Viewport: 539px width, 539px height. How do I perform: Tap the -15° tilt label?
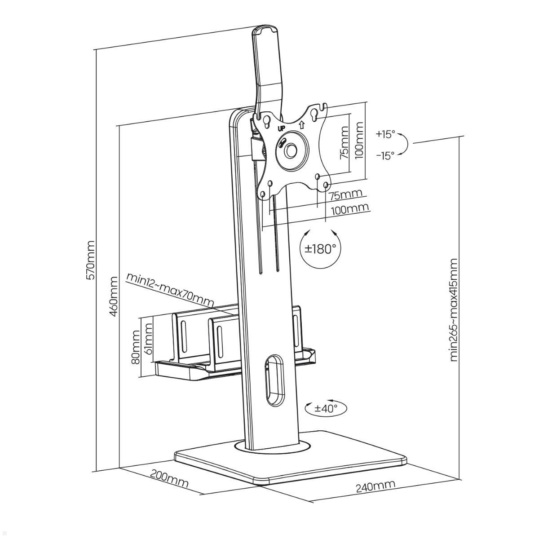click(385, 155)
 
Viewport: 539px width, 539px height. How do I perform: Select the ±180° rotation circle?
click(320, 248)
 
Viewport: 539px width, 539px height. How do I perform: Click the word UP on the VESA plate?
click(282, 128)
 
